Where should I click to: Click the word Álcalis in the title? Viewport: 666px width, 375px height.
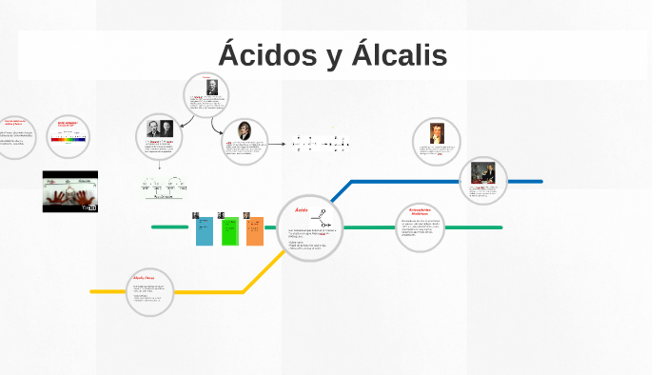click(x=399, y=54)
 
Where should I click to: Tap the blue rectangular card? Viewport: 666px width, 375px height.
click(x=205, y=229)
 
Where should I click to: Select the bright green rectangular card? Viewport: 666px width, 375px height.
click(x=229, y=230)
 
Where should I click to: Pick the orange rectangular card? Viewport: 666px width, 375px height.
click(x=255, y=230)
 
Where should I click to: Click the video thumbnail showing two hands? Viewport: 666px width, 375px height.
click(x=70, y=191)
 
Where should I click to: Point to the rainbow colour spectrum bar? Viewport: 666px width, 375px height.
click(x=69, y=139)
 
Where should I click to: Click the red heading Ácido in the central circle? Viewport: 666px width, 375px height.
click(x=302, y=209)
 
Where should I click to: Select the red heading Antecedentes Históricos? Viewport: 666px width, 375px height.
click(x=420, y=211)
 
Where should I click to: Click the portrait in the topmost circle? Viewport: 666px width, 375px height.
click(x=211, y=87)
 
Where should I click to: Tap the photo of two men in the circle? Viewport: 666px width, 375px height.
click(x=159, y=129)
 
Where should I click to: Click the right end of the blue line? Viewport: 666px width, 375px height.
click(x=540, y=181)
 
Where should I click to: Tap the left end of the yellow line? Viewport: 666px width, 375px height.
click(x=92, y=291)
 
